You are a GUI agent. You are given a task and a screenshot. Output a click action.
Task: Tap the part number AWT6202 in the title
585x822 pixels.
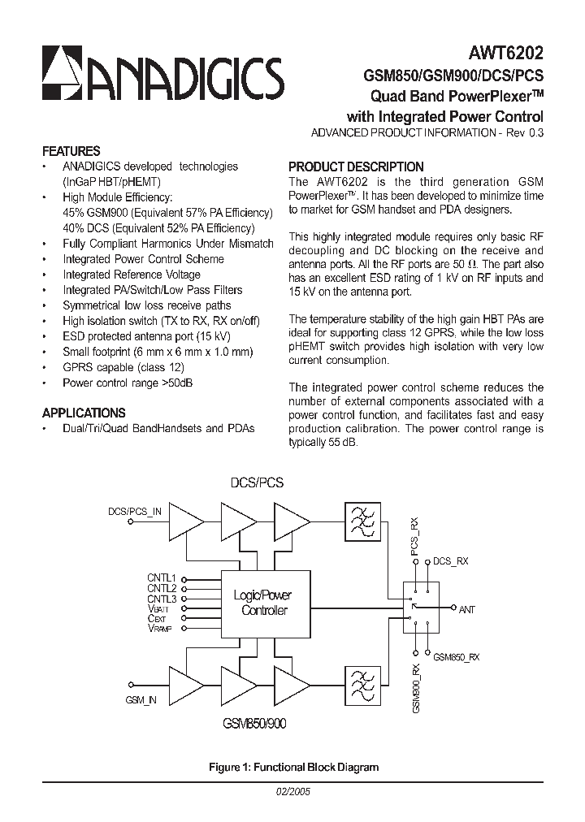505,54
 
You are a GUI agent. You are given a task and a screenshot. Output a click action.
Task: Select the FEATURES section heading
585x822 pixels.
71,151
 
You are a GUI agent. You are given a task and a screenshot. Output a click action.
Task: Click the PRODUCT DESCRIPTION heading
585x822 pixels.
356,167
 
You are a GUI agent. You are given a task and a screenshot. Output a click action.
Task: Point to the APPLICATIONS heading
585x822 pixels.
84,413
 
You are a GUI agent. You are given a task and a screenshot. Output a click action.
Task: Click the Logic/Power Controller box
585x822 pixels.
263,603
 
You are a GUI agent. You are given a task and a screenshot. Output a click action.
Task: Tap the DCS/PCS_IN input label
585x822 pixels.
135,512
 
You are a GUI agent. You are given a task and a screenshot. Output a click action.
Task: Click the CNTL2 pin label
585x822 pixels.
162,588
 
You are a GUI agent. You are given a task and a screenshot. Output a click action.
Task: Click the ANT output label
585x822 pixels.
467,608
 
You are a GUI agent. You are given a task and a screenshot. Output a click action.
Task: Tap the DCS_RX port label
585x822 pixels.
450,561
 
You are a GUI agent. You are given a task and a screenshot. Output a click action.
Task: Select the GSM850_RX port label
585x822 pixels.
456,657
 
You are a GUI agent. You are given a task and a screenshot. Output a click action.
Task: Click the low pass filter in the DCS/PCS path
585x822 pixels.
363,522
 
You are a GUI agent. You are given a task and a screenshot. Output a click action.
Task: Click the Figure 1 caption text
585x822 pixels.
293,767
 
